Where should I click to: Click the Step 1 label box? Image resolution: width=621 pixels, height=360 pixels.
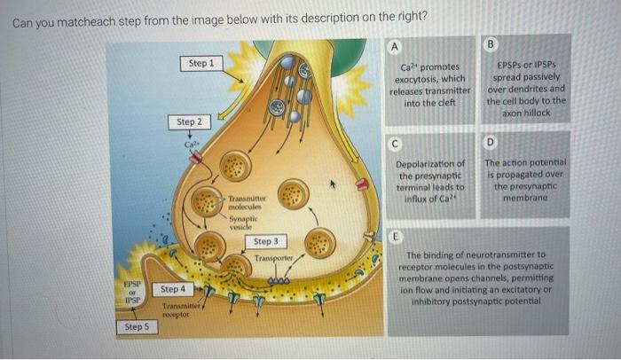201,64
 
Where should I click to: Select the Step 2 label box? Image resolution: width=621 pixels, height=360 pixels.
189,121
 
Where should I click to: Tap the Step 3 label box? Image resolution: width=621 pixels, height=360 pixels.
266,241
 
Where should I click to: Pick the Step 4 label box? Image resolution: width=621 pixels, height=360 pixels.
174,289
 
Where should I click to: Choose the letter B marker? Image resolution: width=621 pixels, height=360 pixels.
492,42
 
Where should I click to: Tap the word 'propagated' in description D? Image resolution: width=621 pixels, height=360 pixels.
529,176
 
